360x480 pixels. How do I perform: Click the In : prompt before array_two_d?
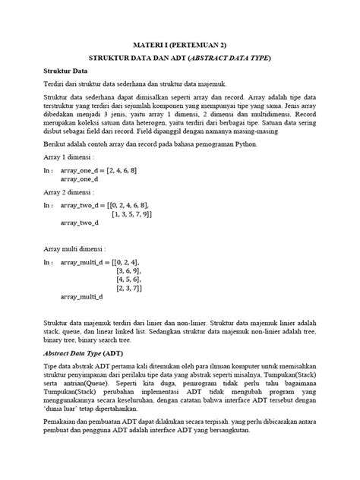(49, 205)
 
